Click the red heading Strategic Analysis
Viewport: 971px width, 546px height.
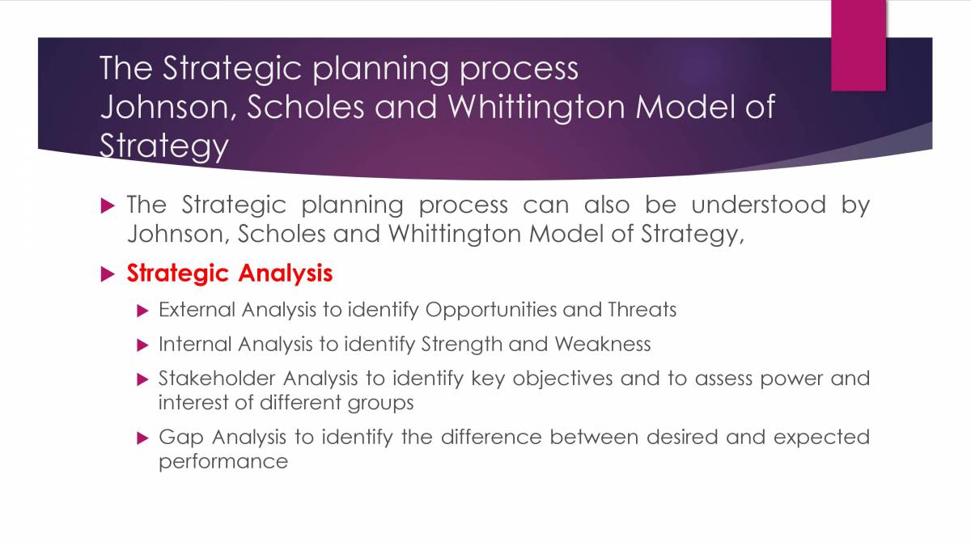click(229, 273)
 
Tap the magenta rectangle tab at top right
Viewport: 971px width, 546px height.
click(859, 44)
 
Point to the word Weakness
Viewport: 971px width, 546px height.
click(602, 345)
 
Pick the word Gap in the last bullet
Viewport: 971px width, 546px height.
click(180, 438)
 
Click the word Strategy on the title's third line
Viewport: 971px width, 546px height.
click(164, 146)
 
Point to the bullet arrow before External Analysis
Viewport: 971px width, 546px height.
click(143, 311)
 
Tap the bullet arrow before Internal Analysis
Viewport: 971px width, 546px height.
click(143, 345)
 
